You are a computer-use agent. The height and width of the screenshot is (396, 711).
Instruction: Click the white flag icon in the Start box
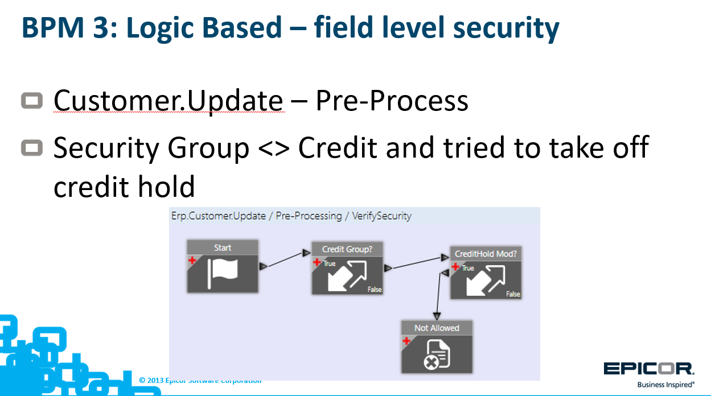pos(223,274)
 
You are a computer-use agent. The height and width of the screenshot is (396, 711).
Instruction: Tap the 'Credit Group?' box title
pos(347,249)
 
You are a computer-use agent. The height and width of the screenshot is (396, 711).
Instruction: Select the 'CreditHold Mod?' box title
pos(486,254)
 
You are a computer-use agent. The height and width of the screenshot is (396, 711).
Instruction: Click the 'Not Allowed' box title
pos(437,328)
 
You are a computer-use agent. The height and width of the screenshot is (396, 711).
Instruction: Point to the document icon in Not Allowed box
pos(437,354)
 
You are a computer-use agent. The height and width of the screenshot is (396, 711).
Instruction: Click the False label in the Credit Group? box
pos(375,290)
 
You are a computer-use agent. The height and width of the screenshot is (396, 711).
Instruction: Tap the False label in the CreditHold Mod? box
pos(513,294)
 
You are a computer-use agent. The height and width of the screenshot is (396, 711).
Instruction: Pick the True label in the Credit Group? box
pos(330,263)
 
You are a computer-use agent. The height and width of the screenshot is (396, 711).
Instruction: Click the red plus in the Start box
pos(192,261)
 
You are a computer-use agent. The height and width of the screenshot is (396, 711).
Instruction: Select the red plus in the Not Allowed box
pos(406,341)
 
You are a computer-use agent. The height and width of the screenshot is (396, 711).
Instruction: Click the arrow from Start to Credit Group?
pos(285,259)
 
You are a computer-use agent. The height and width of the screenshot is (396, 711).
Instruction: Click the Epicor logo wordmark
pos(649,369)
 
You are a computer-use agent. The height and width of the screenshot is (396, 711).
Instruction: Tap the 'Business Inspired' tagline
pos(665,385)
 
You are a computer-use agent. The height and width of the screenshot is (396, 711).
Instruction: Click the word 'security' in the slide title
pos(506,28)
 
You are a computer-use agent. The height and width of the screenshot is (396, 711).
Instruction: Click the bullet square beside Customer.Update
pos(32,101)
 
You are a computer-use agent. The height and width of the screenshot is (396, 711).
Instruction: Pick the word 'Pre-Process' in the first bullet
pos(392,101)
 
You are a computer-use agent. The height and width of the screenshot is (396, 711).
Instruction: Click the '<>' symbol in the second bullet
pos(274,148)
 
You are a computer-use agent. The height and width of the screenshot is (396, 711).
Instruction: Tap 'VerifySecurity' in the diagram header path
pos(381,216)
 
